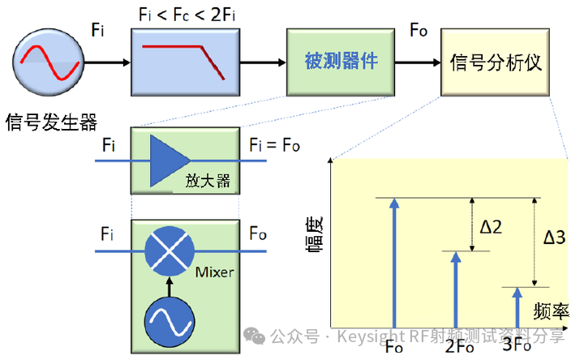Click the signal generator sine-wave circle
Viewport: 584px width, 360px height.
49,62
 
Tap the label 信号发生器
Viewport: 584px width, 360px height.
51,122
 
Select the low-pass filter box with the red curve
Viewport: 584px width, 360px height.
185,62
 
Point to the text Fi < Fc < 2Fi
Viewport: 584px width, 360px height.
187,15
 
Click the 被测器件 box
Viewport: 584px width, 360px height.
341,62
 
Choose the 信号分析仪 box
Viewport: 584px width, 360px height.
495,62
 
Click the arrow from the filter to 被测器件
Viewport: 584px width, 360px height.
263,62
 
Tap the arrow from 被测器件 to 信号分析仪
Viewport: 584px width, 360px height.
418,62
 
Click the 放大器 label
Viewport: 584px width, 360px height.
208,181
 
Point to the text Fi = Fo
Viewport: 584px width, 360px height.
274,145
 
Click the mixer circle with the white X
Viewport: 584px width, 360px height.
170,251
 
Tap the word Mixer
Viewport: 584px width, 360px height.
214,272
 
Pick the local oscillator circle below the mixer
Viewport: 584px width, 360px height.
170,322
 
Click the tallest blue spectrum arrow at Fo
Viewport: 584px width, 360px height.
394,264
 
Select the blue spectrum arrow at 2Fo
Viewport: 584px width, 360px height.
456,290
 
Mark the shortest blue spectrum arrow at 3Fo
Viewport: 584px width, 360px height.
517,308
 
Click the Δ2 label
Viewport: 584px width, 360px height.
491,227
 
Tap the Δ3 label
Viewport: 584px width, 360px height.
554,237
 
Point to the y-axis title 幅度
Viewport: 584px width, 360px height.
315,235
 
